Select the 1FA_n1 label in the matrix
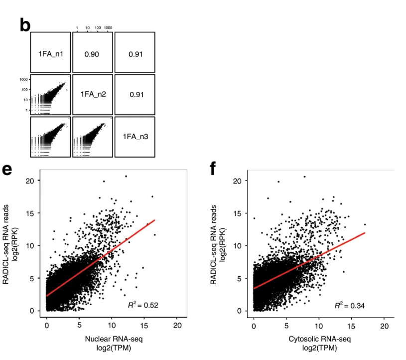tap(50, 53)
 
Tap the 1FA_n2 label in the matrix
tap(93, 95)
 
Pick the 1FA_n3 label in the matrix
tap(135, 137)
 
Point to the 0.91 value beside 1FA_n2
tap(135, 95)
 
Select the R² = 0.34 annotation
tap(350, 305)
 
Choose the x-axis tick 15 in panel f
tap(352, 326)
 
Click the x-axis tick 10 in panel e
tap(112, 326)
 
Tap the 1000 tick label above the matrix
tap(108, 27)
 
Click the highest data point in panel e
tap(126, 176)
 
